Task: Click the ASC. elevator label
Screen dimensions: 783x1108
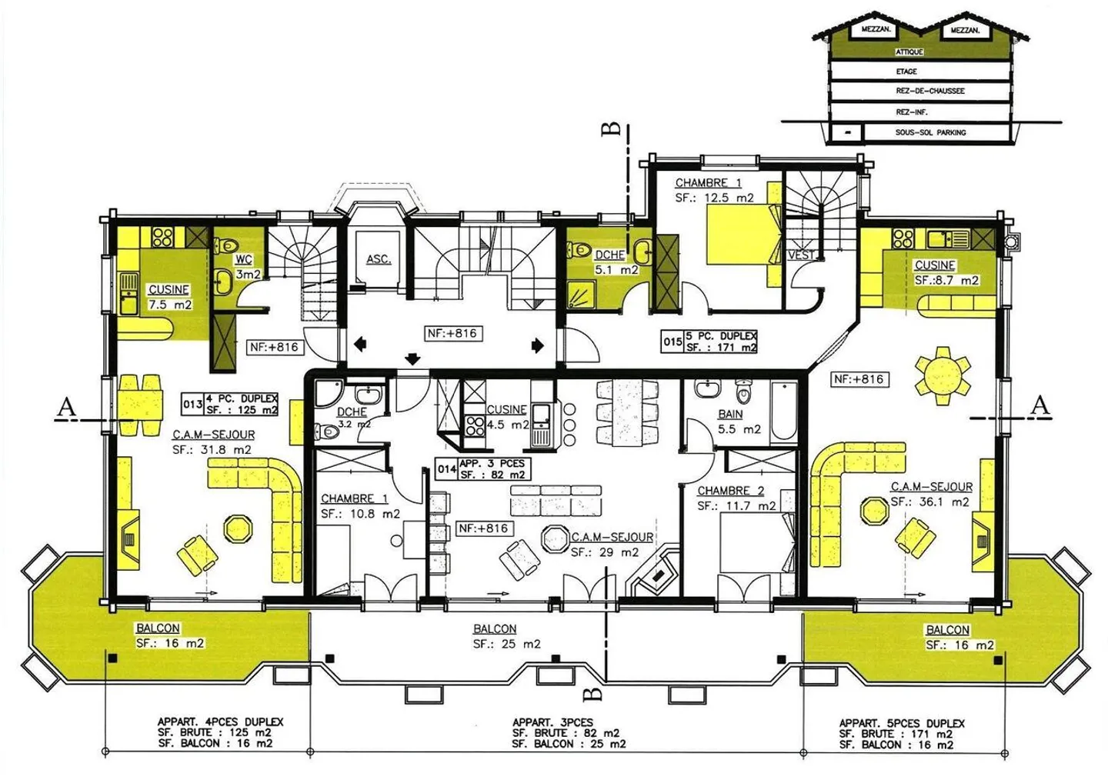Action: (378, 259)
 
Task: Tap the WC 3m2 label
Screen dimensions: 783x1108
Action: (245, 267)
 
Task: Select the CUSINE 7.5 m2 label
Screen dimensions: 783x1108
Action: (169, 297)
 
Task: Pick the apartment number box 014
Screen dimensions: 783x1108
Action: (446, 469)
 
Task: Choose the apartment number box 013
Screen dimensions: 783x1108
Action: (192, 404)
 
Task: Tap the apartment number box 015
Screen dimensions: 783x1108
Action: (672, 342)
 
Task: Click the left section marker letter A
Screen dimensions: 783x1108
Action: (67, 407)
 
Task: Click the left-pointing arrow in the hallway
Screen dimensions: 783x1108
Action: (359, 345)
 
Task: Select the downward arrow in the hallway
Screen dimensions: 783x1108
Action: (412, 358)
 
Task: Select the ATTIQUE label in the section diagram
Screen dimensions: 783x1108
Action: (909, 52)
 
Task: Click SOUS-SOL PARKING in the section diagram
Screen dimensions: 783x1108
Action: (929, 132)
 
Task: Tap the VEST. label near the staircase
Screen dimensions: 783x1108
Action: (801, 255)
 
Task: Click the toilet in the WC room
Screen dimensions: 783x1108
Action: (225, 246)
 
